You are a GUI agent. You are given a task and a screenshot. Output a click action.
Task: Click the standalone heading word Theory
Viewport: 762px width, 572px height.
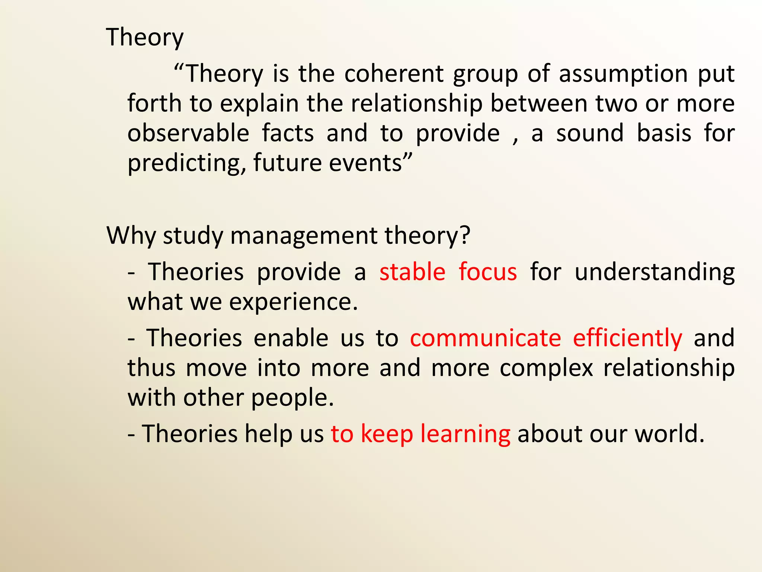pos(145,38)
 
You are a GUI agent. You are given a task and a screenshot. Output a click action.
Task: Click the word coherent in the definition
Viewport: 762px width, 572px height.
pos(394,74)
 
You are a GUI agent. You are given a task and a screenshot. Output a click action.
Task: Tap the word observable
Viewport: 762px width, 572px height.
pos(188,133)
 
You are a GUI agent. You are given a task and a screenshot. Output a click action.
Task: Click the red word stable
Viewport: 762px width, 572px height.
pos(412,271)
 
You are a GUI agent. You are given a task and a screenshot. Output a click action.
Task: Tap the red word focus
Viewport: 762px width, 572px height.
pos(487,271)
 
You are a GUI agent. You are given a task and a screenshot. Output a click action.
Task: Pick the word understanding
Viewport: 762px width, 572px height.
pos(654,272)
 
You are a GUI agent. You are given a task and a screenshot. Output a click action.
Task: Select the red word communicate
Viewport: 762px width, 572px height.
pos(486,338)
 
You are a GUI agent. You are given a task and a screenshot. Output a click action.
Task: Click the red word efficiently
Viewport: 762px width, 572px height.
pos(627,338)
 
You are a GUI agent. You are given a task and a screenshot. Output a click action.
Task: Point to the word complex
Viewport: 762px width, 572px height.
pos(546,368)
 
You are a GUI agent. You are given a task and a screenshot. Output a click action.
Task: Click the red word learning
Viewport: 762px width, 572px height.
pos(465,434)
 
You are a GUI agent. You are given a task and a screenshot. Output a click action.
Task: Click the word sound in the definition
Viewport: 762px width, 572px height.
pos(590,133)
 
